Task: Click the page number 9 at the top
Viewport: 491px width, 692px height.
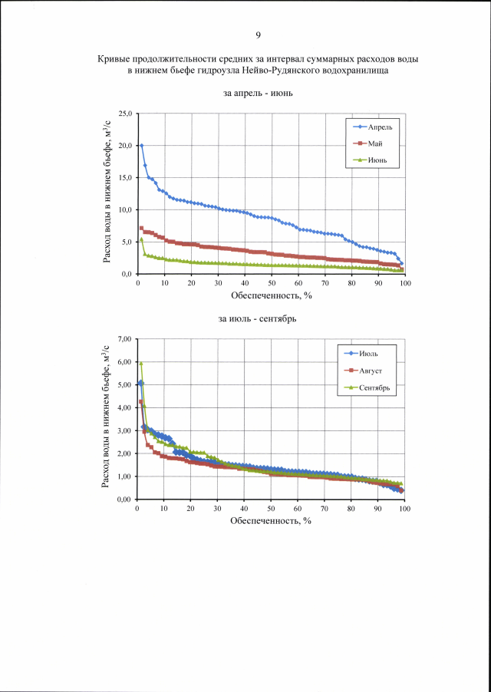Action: [258, 35]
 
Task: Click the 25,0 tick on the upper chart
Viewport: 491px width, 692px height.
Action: [124, 114]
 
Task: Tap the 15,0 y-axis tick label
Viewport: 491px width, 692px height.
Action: [124, 178]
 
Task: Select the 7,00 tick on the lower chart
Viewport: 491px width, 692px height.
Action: [124, 338]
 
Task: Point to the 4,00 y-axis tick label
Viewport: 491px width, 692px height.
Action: [124, 407]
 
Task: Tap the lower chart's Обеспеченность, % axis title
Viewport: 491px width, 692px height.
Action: [270, 521]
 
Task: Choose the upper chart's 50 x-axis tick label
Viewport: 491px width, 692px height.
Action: [272, 283]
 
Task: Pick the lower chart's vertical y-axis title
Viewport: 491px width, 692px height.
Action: [107, 418]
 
